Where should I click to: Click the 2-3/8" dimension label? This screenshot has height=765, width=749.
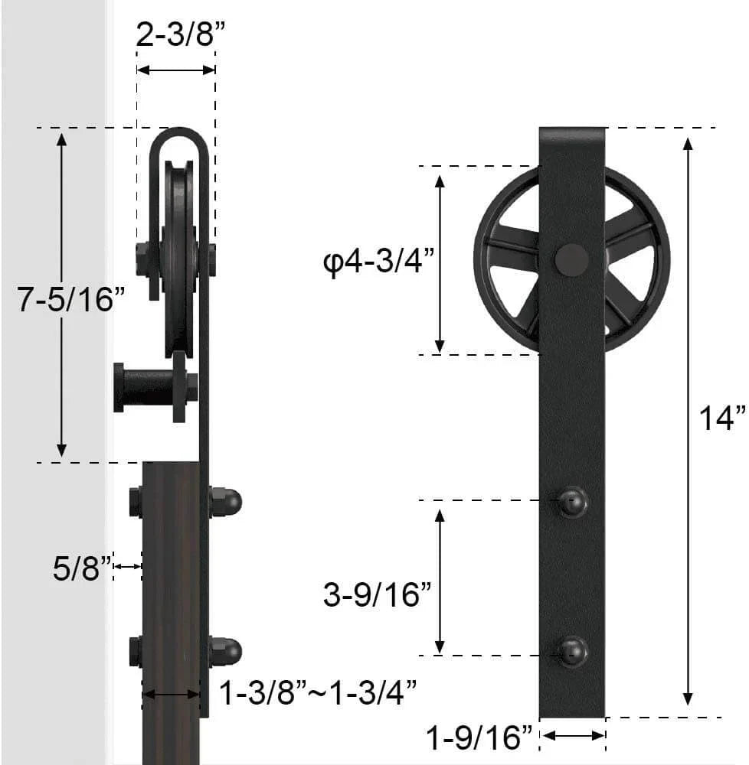[175, 35]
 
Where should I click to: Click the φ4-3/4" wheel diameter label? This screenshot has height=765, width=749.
[379, 264]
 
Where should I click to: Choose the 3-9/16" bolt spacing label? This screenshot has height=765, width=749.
[378, 594]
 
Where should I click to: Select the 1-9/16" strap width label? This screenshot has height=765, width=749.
[479, 738]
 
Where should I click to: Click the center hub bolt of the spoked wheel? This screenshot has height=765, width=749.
[572, 260]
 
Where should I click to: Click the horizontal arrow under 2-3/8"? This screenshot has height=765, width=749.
[175, 70]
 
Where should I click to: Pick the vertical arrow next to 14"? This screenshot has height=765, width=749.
[688, 422]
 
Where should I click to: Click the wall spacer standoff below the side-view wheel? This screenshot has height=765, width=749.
[149, 387]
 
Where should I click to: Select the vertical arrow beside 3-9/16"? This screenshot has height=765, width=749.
[440, 580]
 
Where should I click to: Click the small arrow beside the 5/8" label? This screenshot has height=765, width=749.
[128, 566]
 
